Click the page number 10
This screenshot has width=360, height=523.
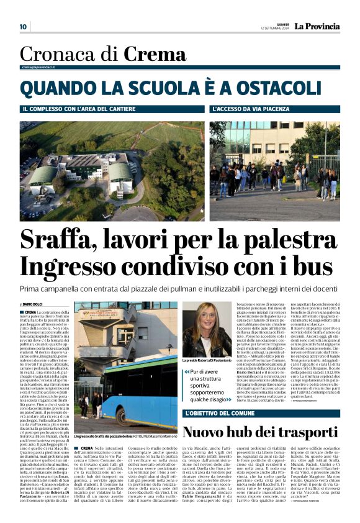click(x=23, y=27)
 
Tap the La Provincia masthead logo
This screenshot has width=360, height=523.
click(x=317, y=26)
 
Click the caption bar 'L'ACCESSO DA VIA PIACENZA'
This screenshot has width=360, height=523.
click(x=254, y=109)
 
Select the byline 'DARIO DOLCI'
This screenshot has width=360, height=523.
click(x=35, y=304)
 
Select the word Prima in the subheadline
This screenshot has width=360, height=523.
click(x=33, y=289)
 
